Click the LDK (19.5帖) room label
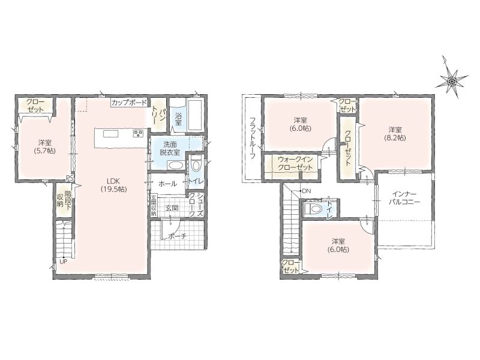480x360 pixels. [114, 185]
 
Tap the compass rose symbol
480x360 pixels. [452, 81]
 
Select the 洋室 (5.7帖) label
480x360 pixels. [45, 146]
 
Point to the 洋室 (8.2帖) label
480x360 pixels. [395, 134]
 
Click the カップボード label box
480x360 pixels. [129, 103]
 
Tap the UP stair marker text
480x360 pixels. [64, 262]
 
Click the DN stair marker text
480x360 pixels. [307, 191]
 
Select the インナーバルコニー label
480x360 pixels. [404, 198]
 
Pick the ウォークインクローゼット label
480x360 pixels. [295, 163]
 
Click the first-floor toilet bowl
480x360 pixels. [196, 164]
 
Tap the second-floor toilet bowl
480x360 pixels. [313, 209]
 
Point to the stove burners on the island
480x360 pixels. [138, 133]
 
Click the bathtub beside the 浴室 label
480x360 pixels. [194, 115]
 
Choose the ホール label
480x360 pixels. [167, 184]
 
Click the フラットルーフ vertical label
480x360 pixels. [253, 139]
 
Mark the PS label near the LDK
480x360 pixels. [69, 178]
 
